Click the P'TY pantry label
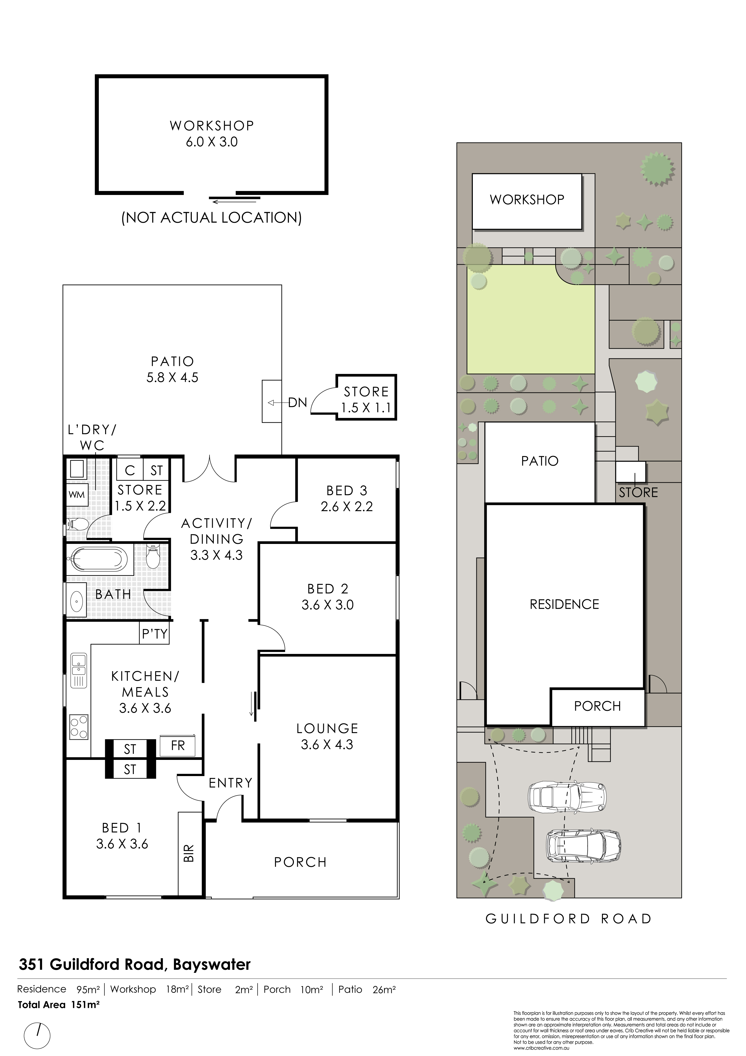tap(154, 634)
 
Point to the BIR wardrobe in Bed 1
tap(189, 855)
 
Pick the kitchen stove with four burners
tap(79, 727)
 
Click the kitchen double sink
tap(79, 670)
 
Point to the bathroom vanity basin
tap(76, 600)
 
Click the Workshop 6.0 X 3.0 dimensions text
tap(212, 142)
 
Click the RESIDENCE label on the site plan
tap(565, 604)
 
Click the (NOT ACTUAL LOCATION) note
tap(212, 217)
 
